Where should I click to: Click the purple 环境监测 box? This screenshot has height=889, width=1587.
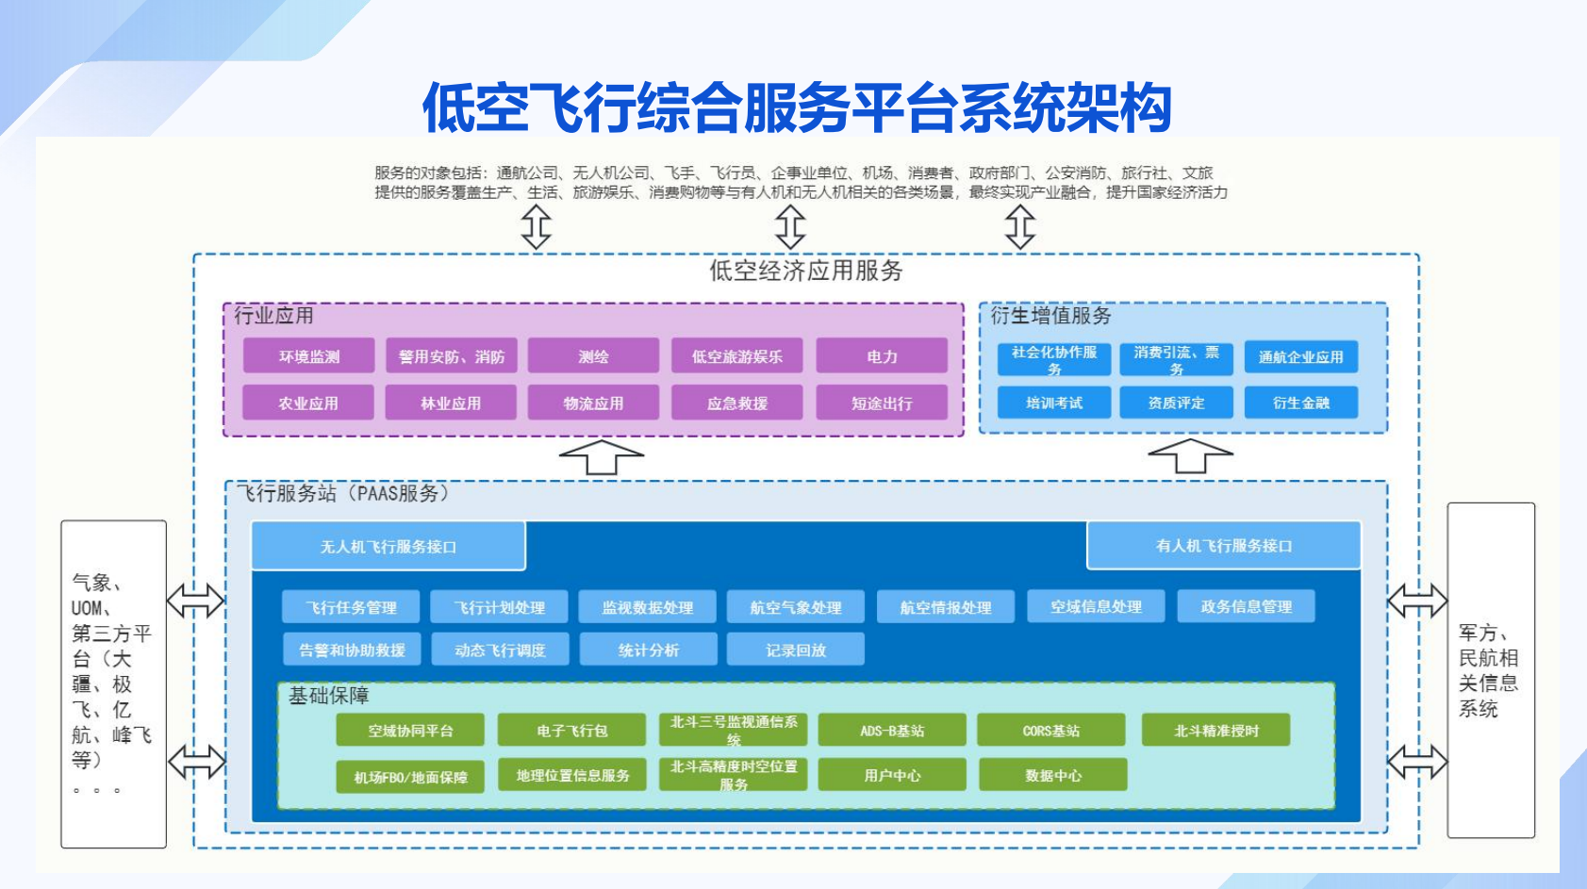308,356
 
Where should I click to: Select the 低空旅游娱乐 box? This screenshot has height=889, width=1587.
736,356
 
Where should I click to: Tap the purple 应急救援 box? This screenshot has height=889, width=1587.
736,403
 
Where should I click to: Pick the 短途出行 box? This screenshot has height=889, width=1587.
882,403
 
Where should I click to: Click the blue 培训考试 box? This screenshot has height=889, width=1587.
1054,403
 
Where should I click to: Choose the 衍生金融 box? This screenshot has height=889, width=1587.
1300,403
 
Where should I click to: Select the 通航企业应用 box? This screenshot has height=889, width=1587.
1300,357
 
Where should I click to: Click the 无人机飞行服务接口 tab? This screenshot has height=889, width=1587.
388,547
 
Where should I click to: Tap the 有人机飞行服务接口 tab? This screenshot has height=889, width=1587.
1224,546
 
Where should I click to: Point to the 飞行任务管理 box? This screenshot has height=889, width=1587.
351,607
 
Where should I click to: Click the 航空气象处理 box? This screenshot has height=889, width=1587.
795,607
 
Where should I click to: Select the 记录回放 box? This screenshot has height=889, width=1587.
795,650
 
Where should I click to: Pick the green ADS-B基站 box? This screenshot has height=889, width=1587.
891,731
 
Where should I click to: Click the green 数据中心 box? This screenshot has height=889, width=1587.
1052,775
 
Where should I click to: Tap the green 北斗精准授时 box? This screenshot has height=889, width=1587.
1215,731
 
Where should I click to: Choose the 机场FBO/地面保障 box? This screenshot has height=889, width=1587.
410,777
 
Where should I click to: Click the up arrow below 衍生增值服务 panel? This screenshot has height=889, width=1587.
1190,455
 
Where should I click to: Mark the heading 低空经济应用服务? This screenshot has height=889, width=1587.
805,272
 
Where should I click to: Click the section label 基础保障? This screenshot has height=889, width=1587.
328,696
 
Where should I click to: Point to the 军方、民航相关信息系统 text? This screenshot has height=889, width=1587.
1488,670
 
